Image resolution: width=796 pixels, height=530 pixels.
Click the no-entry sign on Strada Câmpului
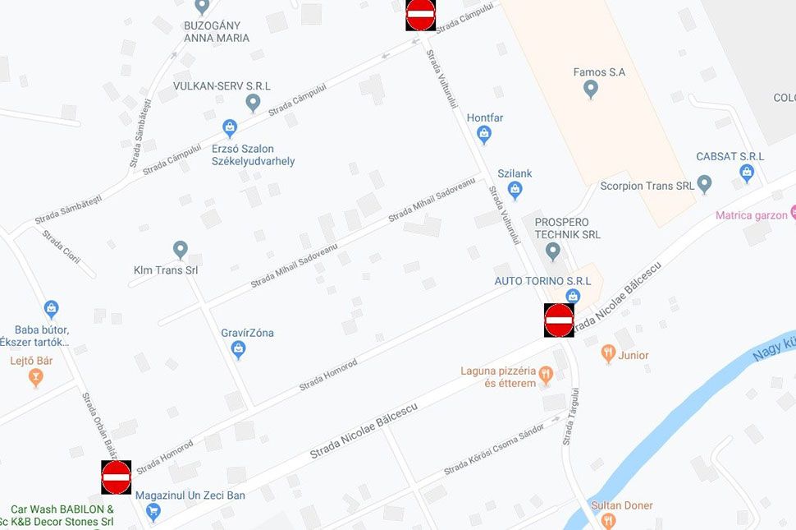(420, 14)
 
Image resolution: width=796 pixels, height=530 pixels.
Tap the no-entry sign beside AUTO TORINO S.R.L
(559, 320)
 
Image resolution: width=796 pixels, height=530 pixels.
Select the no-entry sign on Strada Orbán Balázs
(116, 477)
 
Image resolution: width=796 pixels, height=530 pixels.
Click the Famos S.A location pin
(590, 90)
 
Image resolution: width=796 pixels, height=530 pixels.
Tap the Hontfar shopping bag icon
(484, 134)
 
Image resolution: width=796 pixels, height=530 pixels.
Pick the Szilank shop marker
(515, 191)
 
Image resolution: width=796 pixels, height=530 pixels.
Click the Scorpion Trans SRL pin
(704, 183)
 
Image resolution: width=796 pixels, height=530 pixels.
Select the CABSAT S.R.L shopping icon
(747, 173)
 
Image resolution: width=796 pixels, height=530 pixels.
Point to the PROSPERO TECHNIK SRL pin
(554, 251)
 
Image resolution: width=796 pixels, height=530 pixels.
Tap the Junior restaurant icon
(608, 354)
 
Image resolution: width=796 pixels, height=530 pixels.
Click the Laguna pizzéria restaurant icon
(546, 376)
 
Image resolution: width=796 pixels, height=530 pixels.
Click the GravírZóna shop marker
(239, 350)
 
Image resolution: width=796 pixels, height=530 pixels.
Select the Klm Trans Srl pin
(181, 249)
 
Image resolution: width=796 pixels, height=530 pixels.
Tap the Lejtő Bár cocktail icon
(35, 377)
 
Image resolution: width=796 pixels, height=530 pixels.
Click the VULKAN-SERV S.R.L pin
(253, 103)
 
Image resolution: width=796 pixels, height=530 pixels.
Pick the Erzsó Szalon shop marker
(230, 128)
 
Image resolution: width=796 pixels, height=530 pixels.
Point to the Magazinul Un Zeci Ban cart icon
(153, 511)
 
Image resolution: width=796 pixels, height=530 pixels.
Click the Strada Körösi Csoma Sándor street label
(494, 450)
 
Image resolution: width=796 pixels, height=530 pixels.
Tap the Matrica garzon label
(751, 215)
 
